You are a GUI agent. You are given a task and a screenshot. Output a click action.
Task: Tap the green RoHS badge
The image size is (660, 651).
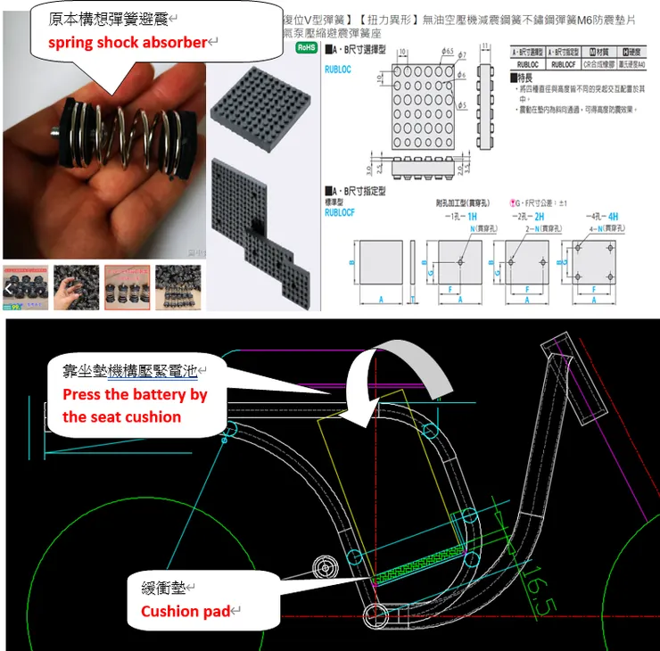click(x=306, y=47)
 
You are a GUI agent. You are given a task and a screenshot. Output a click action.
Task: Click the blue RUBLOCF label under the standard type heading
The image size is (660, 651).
click(x=339, y=213)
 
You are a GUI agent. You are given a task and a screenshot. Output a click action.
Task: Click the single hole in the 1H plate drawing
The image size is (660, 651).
click(x=459, y=262)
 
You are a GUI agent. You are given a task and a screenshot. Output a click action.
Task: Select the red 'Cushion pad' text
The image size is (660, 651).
click(x=186, y=612)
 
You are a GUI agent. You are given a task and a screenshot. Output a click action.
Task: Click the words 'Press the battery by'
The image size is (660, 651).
click(x=135, y=394)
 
